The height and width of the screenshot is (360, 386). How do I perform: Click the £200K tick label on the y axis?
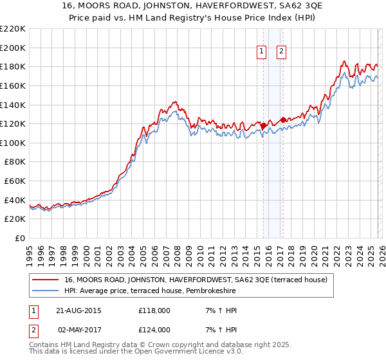click(x=12, y=48)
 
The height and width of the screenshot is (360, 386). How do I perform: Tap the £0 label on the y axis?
click(x=19, y=238)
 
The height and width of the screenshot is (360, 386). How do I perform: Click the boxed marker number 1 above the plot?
click(x=262, y=53)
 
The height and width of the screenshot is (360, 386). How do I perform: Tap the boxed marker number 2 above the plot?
click(x=282, y=53)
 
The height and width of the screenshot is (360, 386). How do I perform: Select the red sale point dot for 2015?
click(x=263, y=126)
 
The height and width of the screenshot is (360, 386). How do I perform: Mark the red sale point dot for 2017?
click(x=282, y=120)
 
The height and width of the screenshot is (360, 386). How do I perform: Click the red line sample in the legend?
click(x=46, y=280)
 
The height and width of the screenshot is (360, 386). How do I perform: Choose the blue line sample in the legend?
click(x=46, y=291)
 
